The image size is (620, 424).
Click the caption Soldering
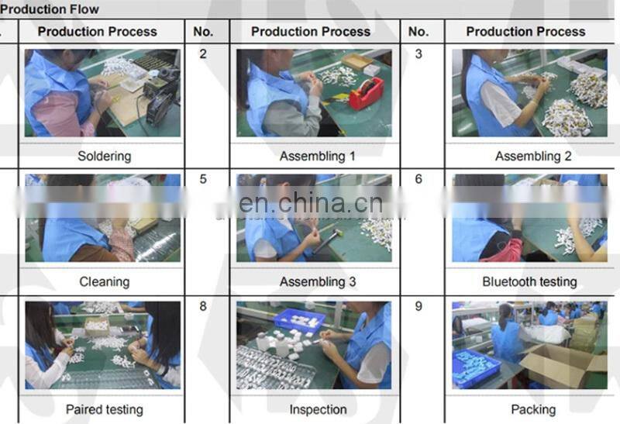pyautogui.click(x=105, y=157)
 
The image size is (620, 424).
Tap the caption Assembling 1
pyautogui.click(x=318, y=157)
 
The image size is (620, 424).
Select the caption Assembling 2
pyautogui.click(x=533, y=157)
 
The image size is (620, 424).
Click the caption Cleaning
pyautogui.click(x=105, y=281)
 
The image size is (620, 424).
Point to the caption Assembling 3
pyautogui.click(x=318, y=281)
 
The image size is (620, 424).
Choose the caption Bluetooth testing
pyautogui.click(x=530, y=281)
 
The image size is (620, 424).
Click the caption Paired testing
pyautogui.click(x=105, y=409)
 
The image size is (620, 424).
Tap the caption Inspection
pyautogui.click(x=318, y=409)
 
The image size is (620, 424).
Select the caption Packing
pyautogui.click(x=533, y=409)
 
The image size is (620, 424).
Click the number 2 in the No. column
pyautogui.click(x=203, y=53)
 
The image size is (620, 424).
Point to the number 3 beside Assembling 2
pyautogui.click(x=418, y=53)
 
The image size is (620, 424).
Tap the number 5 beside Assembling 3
pyautogui.click(x=203, y=179)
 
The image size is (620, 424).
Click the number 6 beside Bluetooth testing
pyautogui.click(x=418, y=179)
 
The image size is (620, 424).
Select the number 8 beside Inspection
pyautogui.click(x=203, y=306)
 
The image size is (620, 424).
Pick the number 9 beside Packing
pyautogui.click(x=418, y=306)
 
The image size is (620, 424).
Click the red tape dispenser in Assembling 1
pyautogui.click(x=366, y=94)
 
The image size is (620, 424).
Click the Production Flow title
pyautogui.click(x=50, y=9)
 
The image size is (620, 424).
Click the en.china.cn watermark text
pyautogui.click(x=311, y=203)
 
